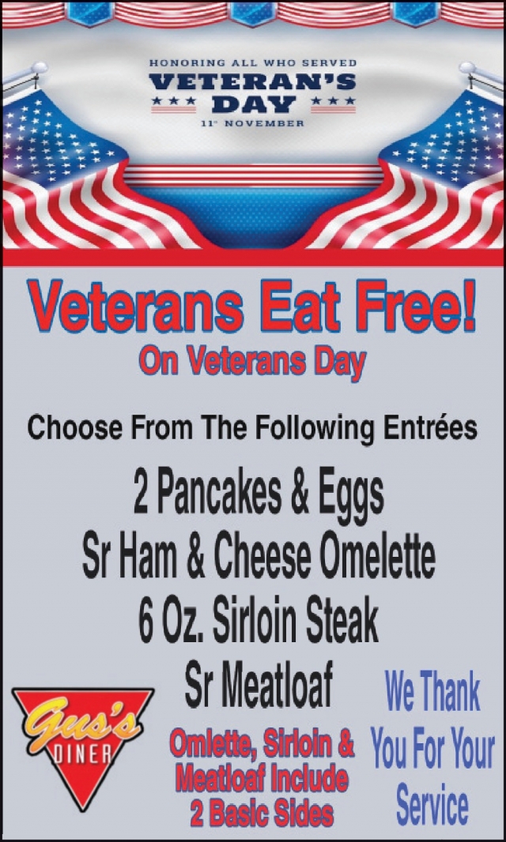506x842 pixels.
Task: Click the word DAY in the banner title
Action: [x=253, y=103]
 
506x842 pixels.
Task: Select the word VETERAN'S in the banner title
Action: [x=253, y=81]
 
